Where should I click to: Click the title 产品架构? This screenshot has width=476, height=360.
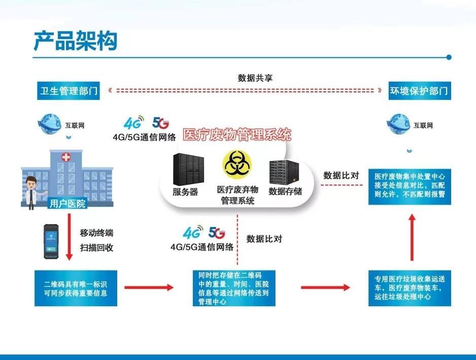point(75,41)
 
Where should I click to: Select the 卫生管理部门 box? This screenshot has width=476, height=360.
point(67,91)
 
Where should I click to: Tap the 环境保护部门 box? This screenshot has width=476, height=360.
point(419,91)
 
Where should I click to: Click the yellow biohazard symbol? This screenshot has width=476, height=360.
point(237,165)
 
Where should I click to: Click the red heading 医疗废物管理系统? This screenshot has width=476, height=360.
point(237,135)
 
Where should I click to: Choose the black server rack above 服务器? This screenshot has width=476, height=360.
point(187,169)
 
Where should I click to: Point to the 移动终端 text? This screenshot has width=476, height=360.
point(96,234)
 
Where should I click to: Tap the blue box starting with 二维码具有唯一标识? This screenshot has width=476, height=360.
point(76,288)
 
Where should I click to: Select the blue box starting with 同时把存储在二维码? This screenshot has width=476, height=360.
point(234,288)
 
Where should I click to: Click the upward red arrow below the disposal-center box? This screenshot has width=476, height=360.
point(412,237)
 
